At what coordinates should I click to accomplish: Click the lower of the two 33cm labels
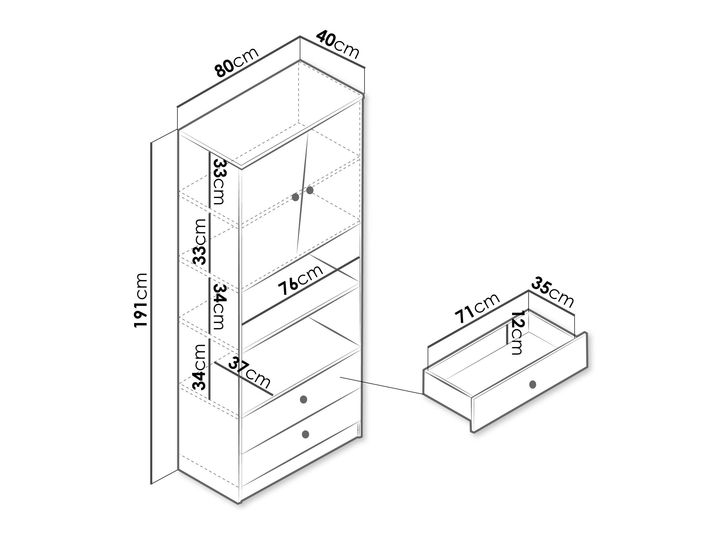[x=201, y=242]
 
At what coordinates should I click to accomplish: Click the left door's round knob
[x=295, y=197]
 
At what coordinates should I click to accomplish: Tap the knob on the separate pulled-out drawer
[x=532, y=384]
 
